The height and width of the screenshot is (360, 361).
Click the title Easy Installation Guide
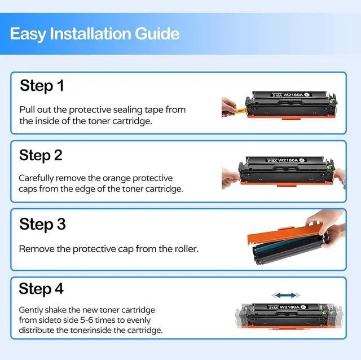(95, 34)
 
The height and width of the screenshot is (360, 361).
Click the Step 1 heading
(42, 86)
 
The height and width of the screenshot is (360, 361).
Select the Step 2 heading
(41, 156)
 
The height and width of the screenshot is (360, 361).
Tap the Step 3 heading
(43, 224)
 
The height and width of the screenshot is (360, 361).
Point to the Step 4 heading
(41, 288)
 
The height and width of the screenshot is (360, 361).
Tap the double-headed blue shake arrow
(286, 295)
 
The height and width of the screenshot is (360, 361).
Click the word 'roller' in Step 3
(187, 249)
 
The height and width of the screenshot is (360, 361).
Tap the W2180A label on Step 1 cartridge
(293, 95)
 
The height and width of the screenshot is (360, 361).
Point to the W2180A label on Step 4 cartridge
(289, 307)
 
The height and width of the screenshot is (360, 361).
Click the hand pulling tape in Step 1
(230, 108)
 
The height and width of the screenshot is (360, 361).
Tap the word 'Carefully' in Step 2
(36, 178)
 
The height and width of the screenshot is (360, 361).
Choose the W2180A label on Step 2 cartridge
(288, 160)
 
